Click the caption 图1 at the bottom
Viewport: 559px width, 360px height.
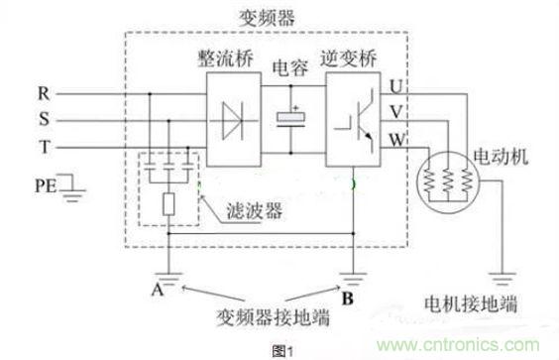point(282,347)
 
